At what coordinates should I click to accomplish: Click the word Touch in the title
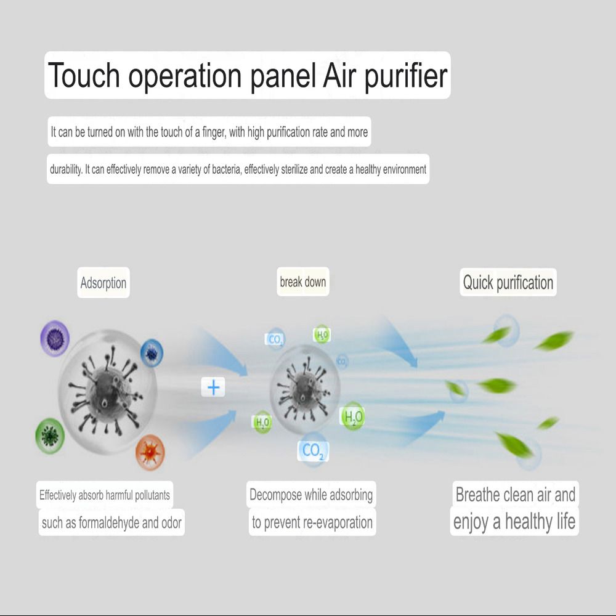pos(84,75)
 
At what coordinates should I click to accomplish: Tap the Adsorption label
pos(103,283)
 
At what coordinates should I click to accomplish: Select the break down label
pos(303,282)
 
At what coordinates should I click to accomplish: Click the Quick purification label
pos(508,283)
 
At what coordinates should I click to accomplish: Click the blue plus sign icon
pos(213,387)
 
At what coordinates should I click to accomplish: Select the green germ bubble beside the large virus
pos(49,436)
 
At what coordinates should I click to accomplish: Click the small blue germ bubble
pos(152,353)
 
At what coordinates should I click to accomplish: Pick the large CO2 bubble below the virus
pos(313,451)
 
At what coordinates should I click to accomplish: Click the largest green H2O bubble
pos(353,416)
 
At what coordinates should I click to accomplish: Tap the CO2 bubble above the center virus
pos(275,339)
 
